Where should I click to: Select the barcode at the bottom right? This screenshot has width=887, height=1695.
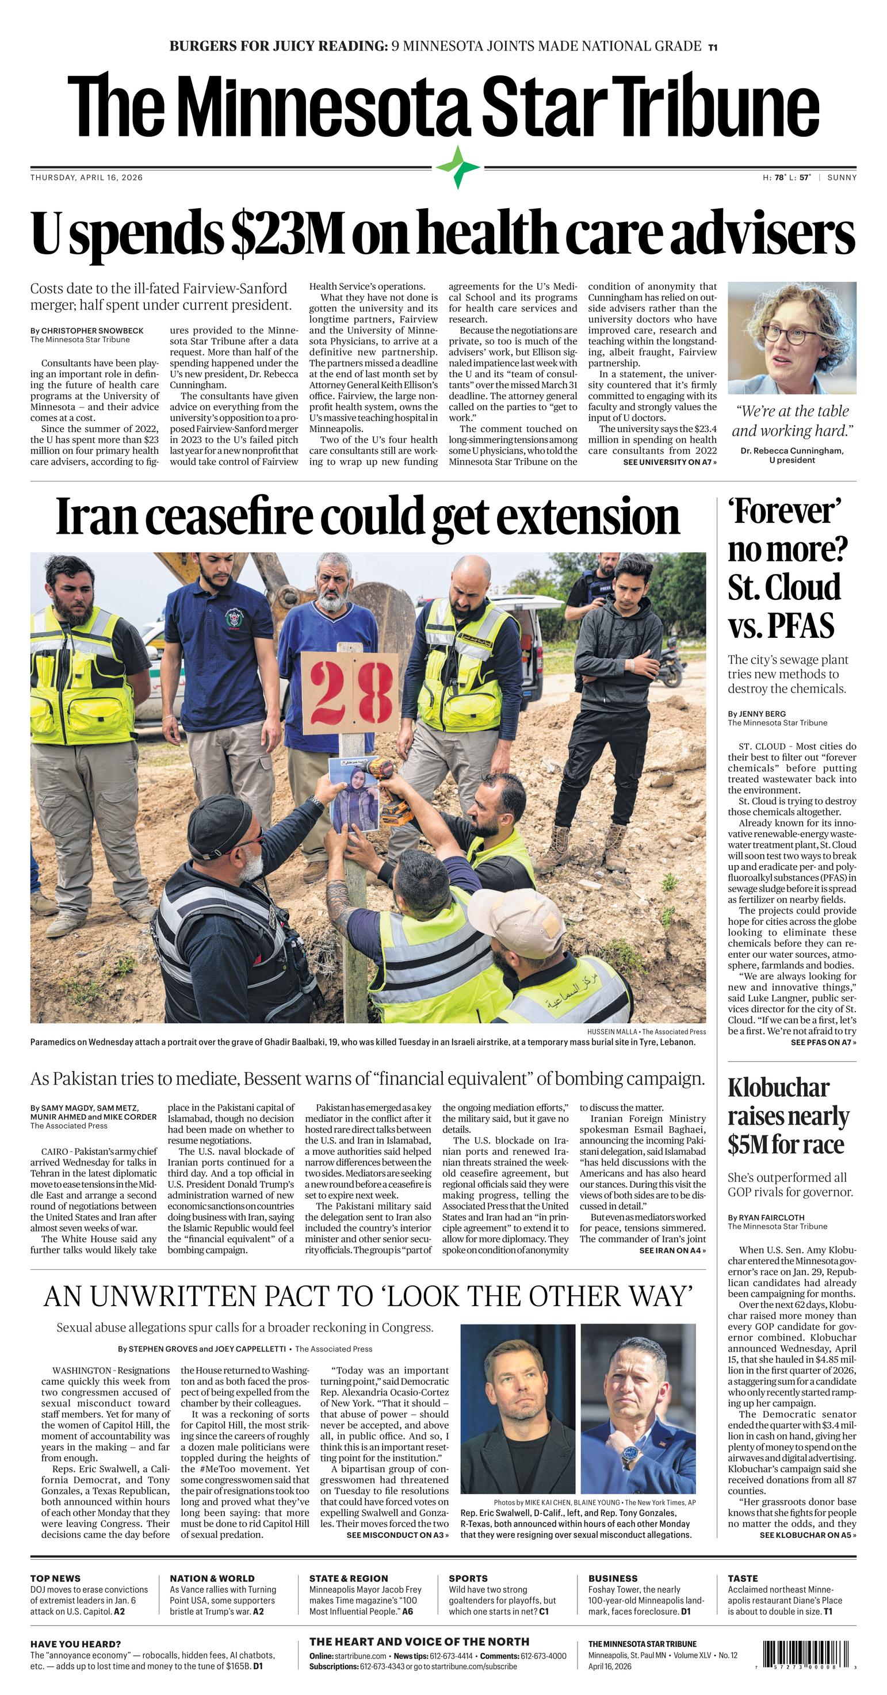808,1654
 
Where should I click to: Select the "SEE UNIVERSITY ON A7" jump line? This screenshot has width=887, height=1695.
669,462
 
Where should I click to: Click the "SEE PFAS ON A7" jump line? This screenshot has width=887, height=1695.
823,1042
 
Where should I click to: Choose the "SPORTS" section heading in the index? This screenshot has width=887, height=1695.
468,1578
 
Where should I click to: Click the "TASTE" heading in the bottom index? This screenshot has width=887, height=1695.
743,1578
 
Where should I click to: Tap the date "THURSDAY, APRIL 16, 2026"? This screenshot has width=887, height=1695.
86,177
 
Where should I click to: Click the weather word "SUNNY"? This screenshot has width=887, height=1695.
842,177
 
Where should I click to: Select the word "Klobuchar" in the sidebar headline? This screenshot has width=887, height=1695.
778,1088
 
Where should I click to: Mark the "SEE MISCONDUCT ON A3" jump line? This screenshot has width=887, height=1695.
397,1535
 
